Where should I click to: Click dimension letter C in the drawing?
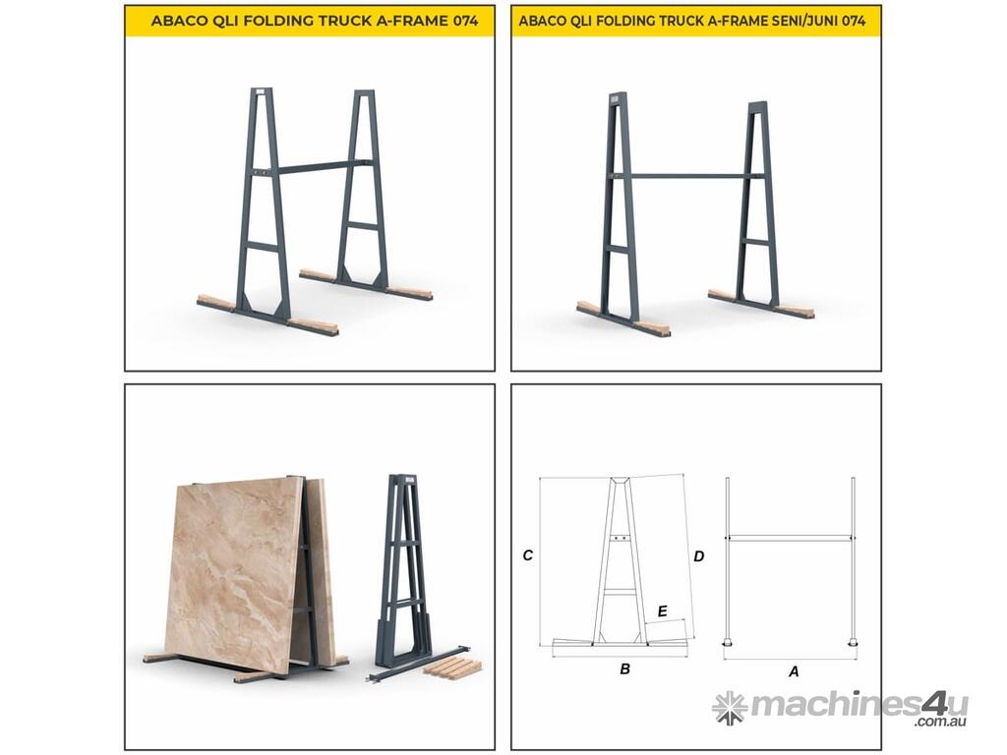(528, 555)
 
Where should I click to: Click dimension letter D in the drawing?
(699, 556)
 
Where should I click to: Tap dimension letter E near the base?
(662, 611)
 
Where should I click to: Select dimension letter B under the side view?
(624, 668)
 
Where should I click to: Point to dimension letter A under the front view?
(794, 671)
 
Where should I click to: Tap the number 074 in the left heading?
(465, 21)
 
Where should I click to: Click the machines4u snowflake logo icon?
(730, 708)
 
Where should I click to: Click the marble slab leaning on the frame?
(235, 573)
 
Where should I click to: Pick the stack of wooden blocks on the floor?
(452, 668)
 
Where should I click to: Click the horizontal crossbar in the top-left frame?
(316, 167)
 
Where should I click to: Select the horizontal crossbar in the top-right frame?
(689, 176)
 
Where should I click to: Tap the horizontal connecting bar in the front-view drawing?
(790, 538)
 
